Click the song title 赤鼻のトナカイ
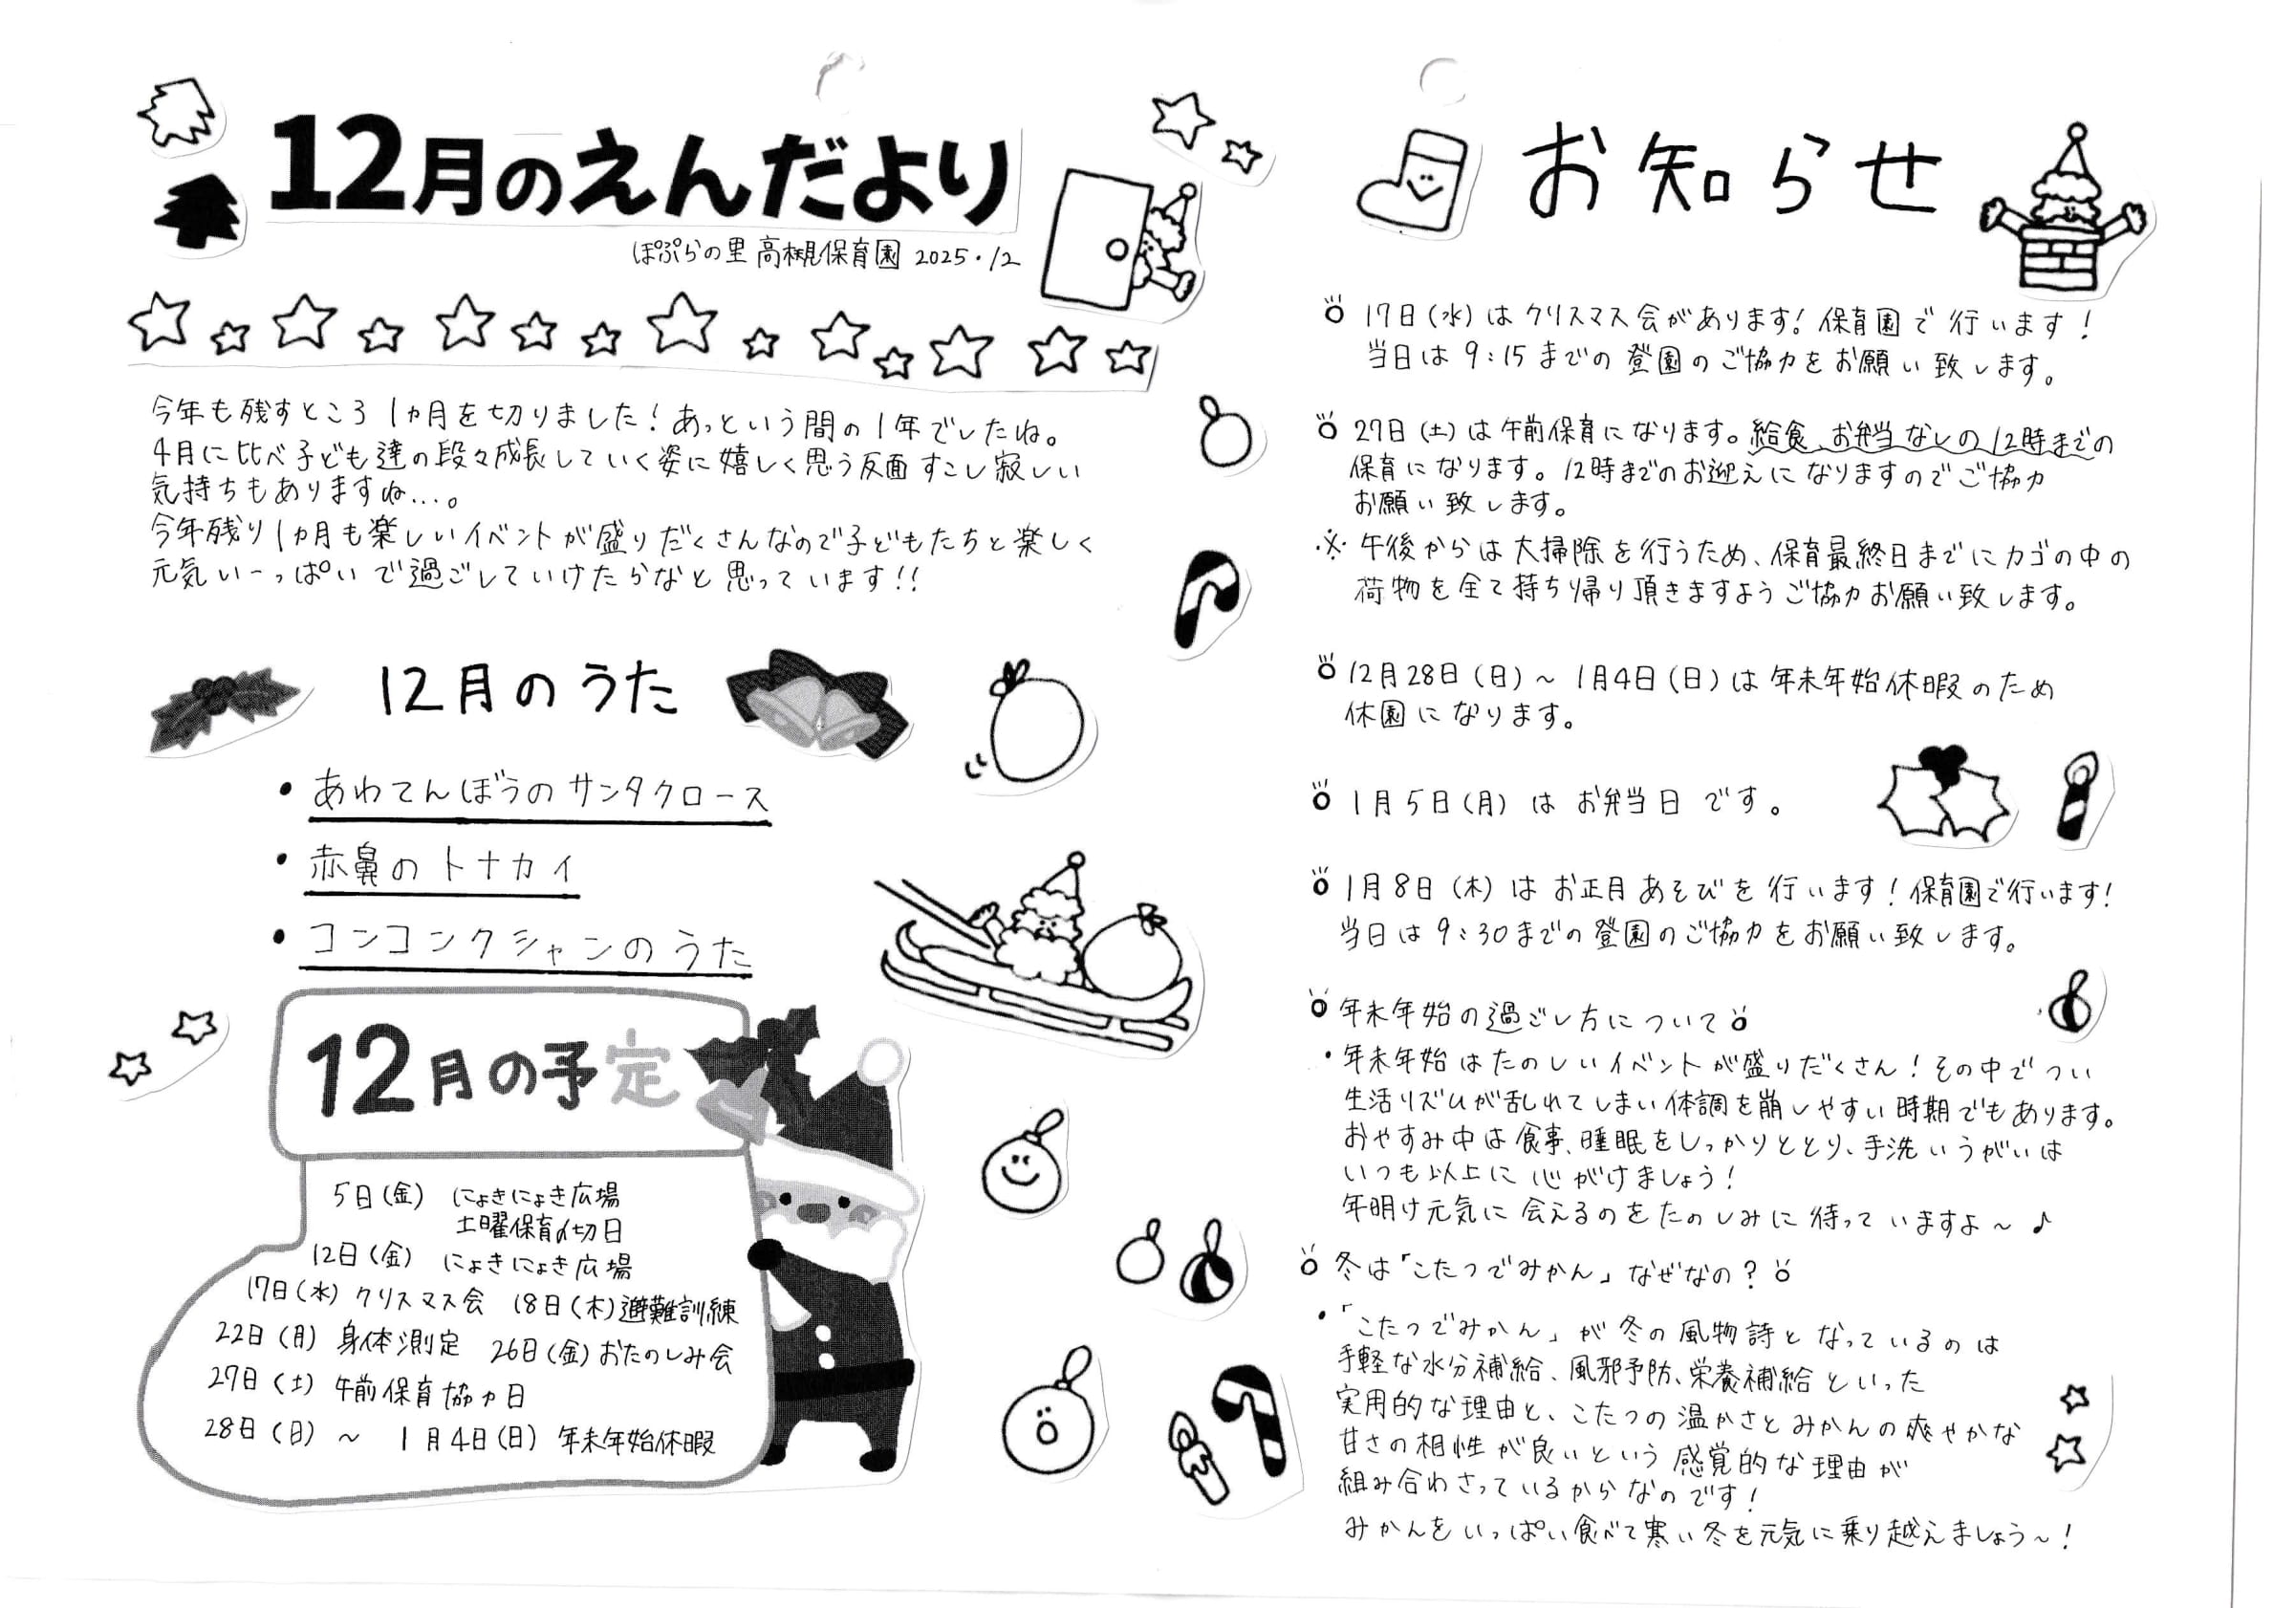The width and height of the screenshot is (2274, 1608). (442, 868)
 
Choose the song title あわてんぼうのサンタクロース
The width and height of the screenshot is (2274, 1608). (540, 793)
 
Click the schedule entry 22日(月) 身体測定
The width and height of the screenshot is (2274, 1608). (337, 1339)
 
